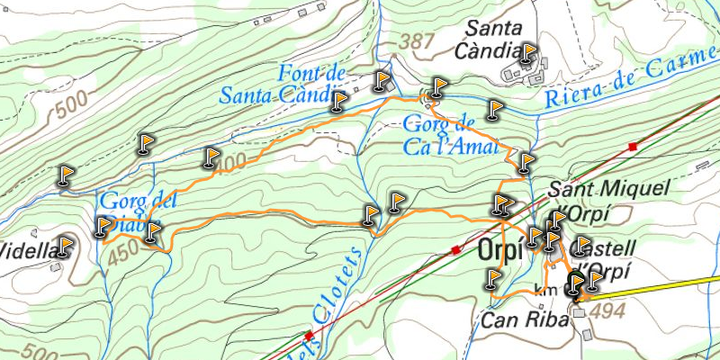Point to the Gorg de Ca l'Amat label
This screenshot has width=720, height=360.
pos(451,136)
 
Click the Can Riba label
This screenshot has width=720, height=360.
pos(526,319)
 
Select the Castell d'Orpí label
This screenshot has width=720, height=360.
pos(605,257)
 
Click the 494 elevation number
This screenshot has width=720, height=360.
pos(608,310)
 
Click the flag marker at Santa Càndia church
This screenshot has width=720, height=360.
pos(527,55)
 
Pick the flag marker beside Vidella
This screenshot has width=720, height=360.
pos(65,246)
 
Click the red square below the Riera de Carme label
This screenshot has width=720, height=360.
pos(634,146)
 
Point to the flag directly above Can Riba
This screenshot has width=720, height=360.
pos(492,279)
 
